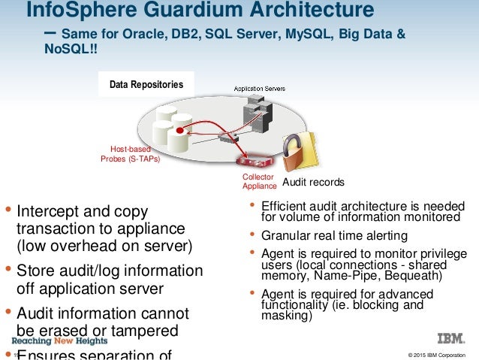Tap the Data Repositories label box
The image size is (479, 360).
(146, 85)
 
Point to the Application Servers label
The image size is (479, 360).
(259, 89)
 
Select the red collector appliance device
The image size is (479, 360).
(256, 161)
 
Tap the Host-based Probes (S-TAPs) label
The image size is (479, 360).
(131, 154)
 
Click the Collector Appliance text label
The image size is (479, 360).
(259, 181)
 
